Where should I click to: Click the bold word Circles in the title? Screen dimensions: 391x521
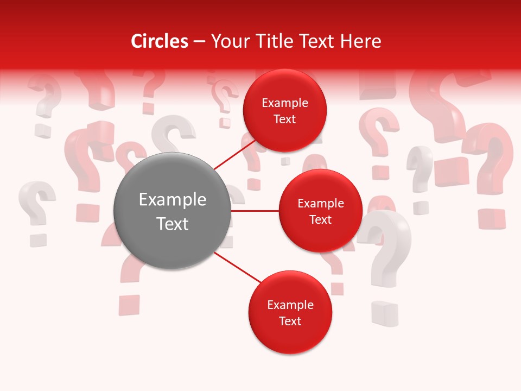(160, 41)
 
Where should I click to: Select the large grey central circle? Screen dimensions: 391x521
(173, 211)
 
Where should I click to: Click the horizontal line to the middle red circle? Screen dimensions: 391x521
(255, 211)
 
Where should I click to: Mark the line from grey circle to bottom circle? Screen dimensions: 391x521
(237, 267)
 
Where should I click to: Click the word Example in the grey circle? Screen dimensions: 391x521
(173, 200)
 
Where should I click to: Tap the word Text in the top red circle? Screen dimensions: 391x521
(284, 119)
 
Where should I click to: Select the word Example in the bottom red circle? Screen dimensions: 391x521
(290, 305)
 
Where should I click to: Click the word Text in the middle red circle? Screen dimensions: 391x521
(320, 219)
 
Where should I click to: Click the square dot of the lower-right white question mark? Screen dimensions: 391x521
(384, 314)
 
